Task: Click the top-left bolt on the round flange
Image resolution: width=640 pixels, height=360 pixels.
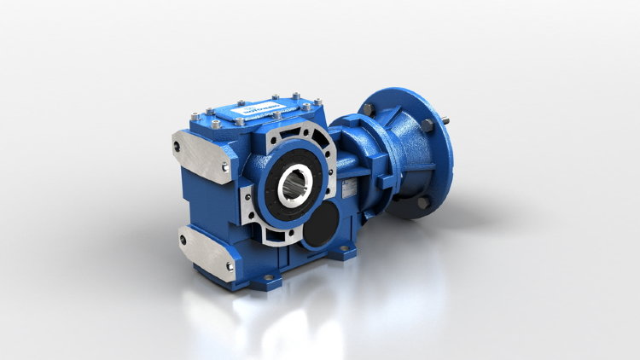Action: point(367,110)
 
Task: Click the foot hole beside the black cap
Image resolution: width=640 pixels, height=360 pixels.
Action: point(345,250)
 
